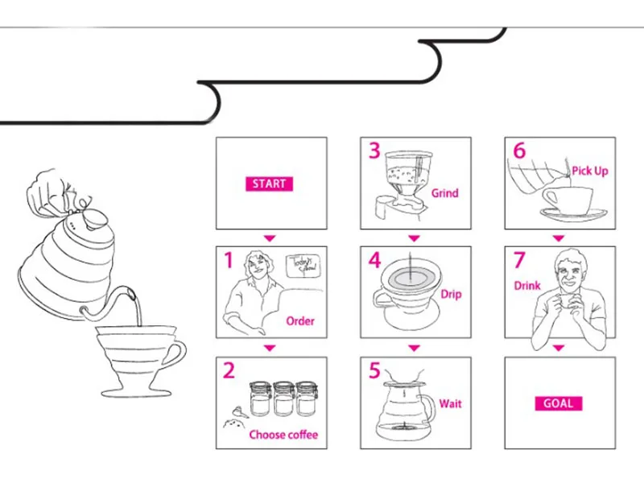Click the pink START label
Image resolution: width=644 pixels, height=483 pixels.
point(269,184)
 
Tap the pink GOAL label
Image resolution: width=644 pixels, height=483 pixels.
point(558,402)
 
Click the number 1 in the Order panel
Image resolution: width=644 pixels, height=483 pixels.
point(229,261)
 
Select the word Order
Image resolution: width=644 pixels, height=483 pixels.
point(300,321)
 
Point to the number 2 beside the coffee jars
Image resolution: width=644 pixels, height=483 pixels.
point(229,370)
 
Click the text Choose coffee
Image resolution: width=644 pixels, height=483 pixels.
point(283,436)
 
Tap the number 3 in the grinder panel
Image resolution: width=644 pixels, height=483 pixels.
point(374,151)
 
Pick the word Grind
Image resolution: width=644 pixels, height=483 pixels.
point(444,193)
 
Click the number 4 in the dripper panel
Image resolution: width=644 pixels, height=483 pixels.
point(374,261)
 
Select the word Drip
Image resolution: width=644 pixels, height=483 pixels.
point(451,295)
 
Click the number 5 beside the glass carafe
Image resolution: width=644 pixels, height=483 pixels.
point(374,370)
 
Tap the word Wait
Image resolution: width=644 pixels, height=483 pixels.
point(450,403)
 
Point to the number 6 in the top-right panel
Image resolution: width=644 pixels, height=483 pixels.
point(519,151)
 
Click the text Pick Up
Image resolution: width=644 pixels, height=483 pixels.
point(590,171)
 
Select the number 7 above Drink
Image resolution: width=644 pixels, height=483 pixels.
point(519,260)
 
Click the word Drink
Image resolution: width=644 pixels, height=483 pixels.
point(526,286)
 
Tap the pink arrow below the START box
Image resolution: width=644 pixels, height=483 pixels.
point(270,238)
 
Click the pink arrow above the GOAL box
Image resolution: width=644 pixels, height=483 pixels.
point(557,349)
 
